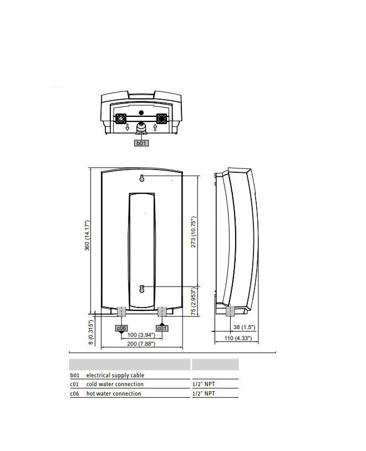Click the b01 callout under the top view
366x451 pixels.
click(141, 143)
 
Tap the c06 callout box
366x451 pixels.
click(121, 328)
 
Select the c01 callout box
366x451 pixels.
click(162, 328)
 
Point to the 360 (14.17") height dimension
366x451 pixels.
click(87, 235)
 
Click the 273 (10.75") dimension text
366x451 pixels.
click(194, 232)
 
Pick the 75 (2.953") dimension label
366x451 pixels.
click(194, 301)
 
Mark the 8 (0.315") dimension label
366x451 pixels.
click(91, 332)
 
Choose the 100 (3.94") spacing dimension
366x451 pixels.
click(141, 335)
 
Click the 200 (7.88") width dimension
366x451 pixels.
click(141, 344)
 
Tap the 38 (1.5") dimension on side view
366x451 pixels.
click(244, 327)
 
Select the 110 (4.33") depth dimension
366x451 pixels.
click(238, 338)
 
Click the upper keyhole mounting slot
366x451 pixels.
click(141, 178)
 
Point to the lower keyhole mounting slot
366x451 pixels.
click(141, 289)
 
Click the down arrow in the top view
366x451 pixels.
click(128, 127)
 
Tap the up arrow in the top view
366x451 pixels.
click(155, 127)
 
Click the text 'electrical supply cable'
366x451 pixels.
click(115, 375)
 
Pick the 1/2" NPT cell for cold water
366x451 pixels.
click(204, 384)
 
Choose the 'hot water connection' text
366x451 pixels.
click(114, 393)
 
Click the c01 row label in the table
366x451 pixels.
click(74, 385)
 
